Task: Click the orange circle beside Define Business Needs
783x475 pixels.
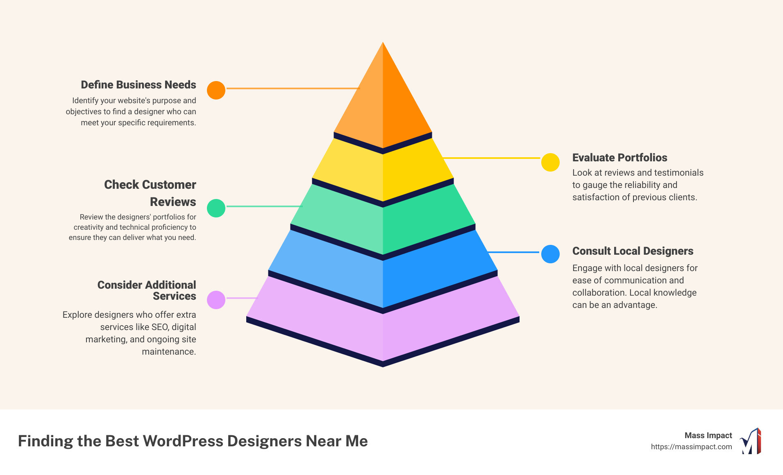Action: [x=216, y=90]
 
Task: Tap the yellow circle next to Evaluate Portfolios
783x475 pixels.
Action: [x=550, y=162]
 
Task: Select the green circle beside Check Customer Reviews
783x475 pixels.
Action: [x=216, y=208]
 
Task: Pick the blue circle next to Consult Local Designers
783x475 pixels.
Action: [x=550, y=254]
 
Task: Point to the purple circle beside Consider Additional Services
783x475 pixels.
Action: [x=216, y=300]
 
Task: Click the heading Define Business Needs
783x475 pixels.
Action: [x=138, y=85]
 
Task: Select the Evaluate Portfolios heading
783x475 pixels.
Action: [x=620, y=158]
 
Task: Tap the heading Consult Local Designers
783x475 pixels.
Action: [x=633, y=251]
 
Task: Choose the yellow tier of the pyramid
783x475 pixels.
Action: [x=383, y=172]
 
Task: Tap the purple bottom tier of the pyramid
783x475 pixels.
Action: [x=383, y=332]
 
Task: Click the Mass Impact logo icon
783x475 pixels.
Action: [x=751, y=441]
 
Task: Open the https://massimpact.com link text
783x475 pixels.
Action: [x=691, y=447]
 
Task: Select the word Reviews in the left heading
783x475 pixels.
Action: [x=173, y=202]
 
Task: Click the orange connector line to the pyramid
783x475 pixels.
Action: [x=293, y=88]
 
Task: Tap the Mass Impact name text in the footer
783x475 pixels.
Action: [x=708, y=435]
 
